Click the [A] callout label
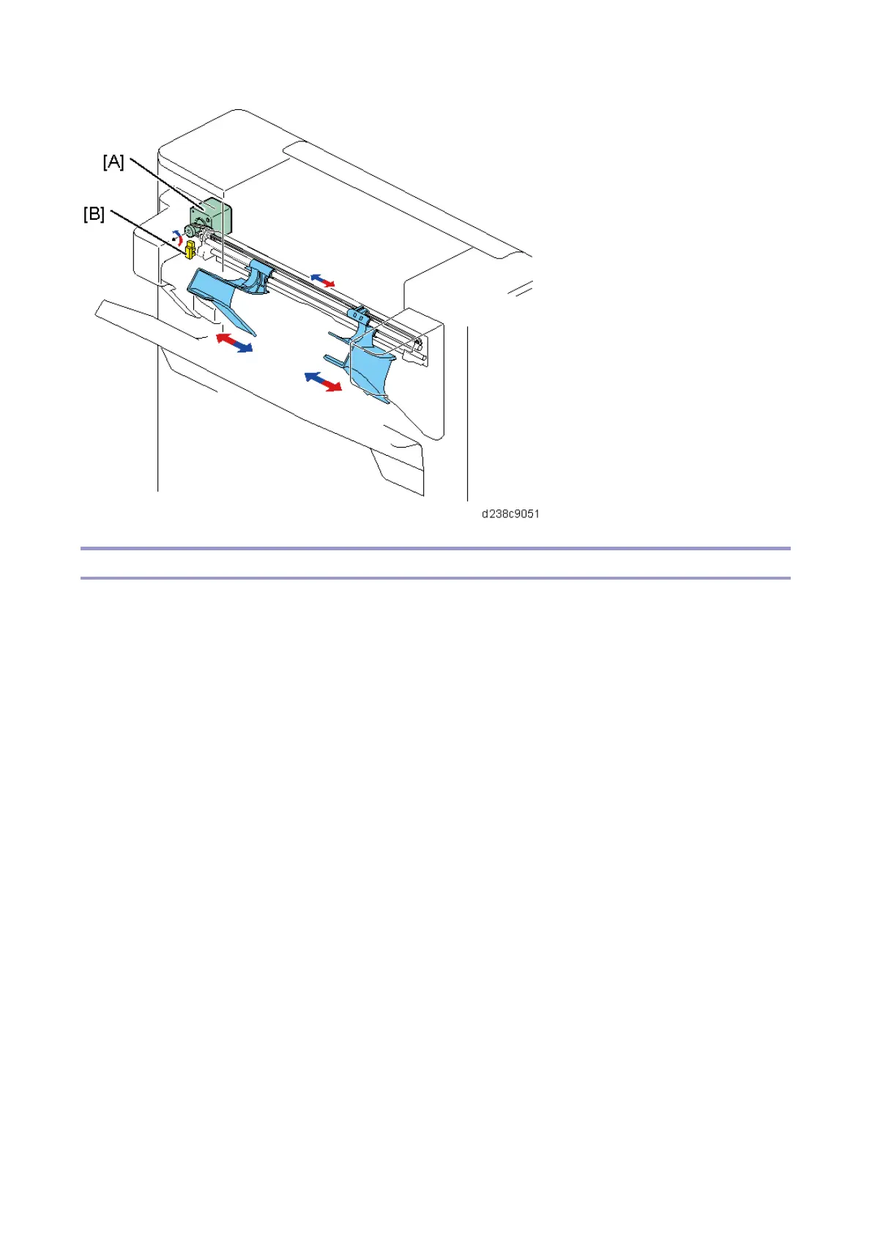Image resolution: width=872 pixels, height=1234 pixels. coord(113,162)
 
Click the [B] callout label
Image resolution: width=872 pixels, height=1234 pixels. coord(94,215)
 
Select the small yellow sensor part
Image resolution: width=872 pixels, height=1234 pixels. coord(190,251)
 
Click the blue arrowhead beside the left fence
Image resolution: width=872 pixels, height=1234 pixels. coord(245,349)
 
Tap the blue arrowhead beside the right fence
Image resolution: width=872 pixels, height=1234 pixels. coord(311,376)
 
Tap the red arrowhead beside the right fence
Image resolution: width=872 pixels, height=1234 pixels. coord(335,386)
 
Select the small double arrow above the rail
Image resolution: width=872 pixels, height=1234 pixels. coord(323,280)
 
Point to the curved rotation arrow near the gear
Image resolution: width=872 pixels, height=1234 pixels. coord(176,236)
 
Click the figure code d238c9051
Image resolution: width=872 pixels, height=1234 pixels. coord(510,514)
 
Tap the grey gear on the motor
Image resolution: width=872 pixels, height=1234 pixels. coord(190,232)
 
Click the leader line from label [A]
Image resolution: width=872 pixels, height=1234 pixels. coord(165,180)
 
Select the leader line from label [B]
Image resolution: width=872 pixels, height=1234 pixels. coord(146,232)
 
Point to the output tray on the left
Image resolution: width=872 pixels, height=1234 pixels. coord(146,319)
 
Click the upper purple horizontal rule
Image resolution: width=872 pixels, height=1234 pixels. coord(435,547)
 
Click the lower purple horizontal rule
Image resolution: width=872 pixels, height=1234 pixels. coord(435,578)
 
